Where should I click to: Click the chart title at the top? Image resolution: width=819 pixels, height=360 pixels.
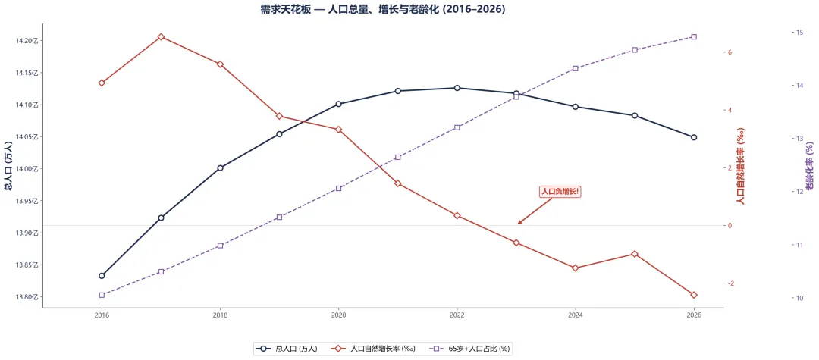point(383,9)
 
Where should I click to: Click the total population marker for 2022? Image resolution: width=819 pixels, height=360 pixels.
point(457,88)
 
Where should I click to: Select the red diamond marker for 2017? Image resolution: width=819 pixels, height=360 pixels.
point(161,37)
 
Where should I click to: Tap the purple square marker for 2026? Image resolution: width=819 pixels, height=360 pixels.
point(694,37)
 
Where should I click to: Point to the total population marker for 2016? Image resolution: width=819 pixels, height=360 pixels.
point(102,275)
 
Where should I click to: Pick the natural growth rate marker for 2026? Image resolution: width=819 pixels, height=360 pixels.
point(694,295)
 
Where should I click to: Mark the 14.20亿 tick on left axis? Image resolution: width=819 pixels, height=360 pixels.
point(27,41)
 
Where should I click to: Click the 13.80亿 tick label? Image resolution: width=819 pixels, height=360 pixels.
point(27,297)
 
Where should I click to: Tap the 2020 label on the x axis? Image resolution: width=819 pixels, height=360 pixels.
point(338,315)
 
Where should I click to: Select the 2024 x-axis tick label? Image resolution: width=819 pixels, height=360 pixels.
point(575,315)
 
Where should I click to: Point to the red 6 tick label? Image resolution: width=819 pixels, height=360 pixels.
point(730,52)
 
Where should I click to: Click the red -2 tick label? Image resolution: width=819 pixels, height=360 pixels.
point(730,283)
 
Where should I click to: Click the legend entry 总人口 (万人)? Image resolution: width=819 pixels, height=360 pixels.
point(286,349)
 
